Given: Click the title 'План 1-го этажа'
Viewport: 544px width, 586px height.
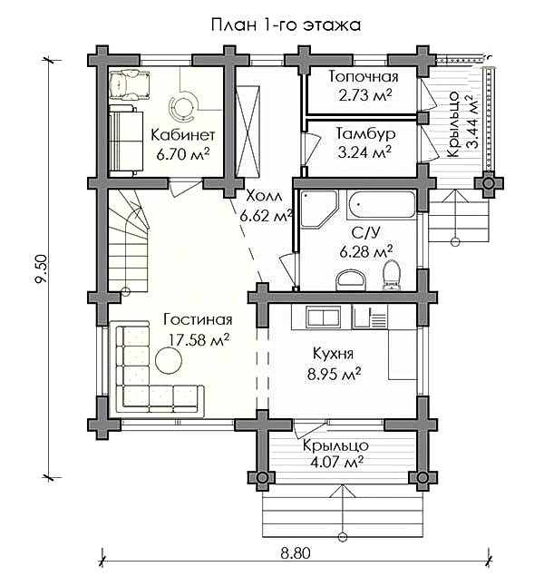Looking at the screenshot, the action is (286, 25).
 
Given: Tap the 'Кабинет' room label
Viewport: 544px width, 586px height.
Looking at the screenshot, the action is (183, 134).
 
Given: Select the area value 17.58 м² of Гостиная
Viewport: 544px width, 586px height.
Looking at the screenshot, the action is (199, 339).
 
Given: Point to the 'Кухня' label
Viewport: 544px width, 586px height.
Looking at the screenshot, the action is (333, 354).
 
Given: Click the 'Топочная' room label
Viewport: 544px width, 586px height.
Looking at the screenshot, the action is (364, 76).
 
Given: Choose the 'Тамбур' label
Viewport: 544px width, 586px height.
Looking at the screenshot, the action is (365, 133).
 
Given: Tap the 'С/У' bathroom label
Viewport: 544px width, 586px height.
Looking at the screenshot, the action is (365, 232).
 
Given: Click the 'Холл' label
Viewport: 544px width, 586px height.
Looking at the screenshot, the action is (265, 196).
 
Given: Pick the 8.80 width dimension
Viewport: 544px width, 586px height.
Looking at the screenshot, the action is (296, 553).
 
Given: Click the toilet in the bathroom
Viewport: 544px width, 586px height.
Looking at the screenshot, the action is (392, 275).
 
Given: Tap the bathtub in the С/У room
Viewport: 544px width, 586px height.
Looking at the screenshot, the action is (381, 205).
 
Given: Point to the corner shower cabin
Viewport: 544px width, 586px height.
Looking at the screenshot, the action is (319, 209).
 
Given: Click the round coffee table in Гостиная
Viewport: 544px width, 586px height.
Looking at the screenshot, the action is (169, 360).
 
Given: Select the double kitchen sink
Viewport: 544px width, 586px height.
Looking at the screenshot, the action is (323, 317).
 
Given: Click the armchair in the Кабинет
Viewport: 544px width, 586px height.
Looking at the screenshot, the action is (130, 85).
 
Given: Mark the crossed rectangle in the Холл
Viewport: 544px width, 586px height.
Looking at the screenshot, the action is (248, 132).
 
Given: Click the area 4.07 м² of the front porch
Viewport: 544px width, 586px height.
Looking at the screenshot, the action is (336, 463).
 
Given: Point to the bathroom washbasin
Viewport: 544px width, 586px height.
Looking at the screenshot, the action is (352, 280).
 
